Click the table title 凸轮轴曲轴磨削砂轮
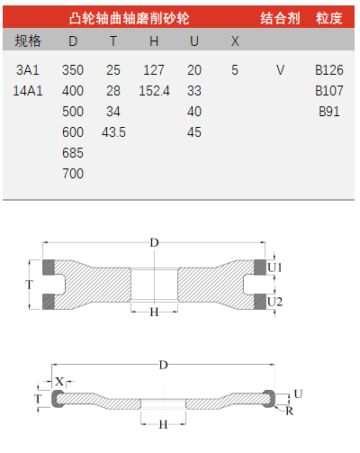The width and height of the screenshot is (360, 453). [129, 18]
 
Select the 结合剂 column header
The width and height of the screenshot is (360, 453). [280, 18]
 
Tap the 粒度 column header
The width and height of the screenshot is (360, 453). [329, 18]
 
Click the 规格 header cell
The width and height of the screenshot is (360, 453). [28, 41]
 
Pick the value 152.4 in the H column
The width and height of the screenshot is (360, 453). [154, 91]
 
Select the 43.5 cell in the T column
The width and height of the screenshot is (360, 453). [113, 132]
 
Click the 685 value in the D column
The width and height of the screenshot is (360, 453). [73, 153]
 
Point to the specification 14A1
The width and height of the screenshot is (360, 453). [28, 91]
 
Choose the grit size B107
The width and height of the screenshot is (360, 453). [329, 91]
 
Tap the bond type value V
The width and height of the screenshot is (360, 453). [280, 70]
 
